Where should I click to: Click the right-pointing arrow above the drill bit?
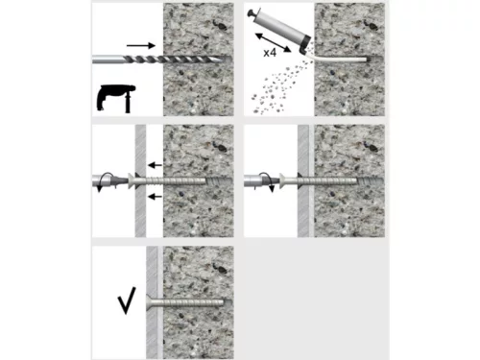[140, 43]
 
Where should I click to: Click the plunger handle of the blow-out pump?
[254, 13]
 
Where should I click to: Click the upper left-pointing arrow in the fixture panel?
[154, 166]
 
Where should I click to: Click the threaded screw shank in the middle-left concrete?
[197, 180]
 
